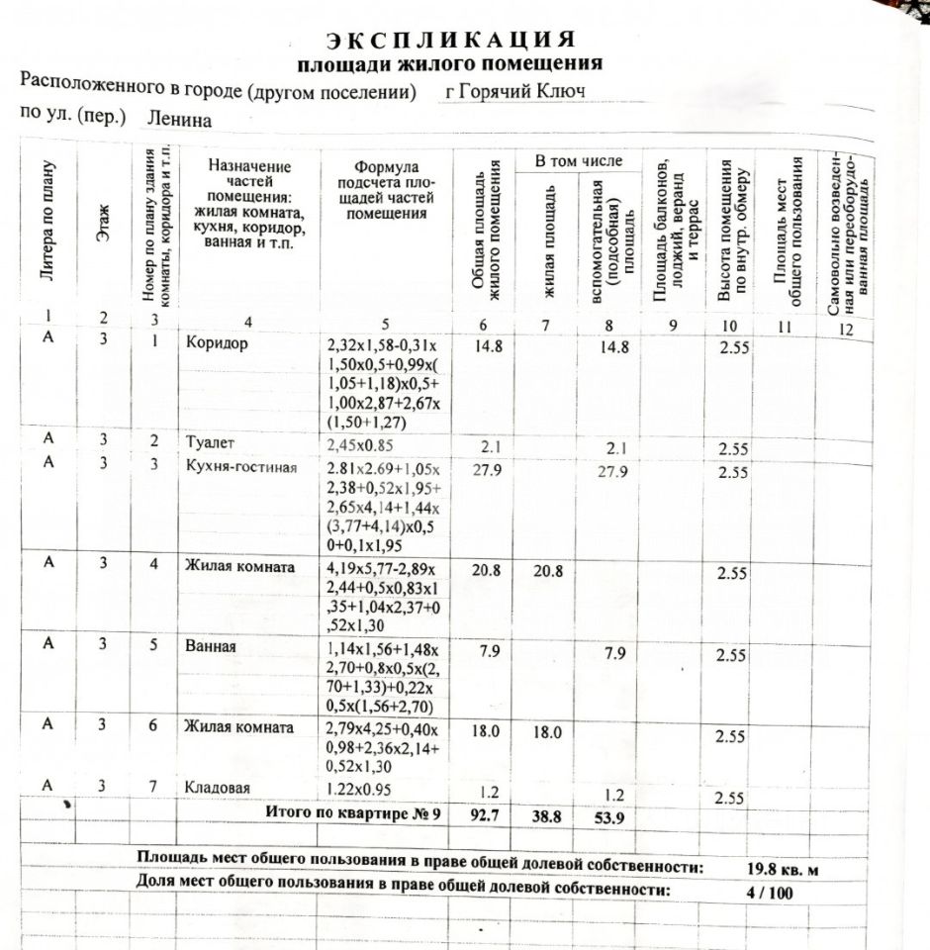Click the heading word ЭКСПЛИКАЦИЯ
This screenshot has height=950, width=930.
click(450, 40)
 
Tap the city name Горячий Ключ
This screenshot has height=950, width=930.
click(515, 91)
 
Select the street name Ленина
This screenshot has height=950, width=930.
click(179, 119)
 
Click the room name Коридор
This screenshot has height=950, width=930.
click(216, 344)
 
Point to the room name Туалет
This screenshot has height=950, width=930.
click(210, 441)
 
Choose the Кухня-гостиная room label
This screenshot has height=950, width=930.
click(240, 467)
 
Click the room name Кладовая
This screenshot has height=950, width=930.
click(217, 788)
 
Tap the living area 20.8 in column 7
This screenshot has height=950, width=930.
click(547, 571)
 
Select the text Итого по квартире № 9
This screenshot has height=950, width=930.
click(350, 812)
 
